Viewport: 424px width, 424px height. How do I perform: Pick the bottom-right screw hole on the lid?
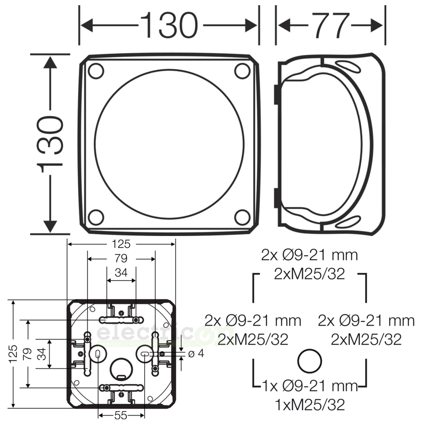pyautogui.click(x=242, y=217)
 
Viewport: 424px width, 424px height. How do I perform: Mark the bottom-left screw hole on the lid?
pyautogui.click(x=96, y=217)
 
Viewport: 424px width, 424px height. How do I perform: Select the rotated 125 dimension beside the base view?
pyautogui.click(x=14, y=353)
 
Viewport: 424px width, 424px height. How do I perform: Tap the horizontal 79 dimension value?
pyautogui.click(x=122, y=258)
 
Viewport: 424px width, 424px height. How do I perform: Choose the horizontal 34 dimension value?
pyautogui.click(x=121, y=273)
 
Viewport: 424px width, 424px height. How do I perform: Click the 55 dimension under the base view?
pyautogui.click(x=122, y=416)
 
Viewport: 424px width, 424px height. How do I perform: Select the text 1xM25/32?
pyautogui.click(x=310, y=404)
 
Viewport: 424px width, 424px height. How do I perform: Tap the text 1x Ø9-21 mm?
pyautogui.click(x=310, y=386)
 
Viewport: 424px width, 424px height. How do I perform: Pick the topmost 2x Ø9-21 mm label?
pyautogui.click(x=310, y=255)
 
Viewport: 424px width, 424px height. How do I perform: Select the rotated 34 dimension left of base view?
pyautogui.click(x=43, y=353)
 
